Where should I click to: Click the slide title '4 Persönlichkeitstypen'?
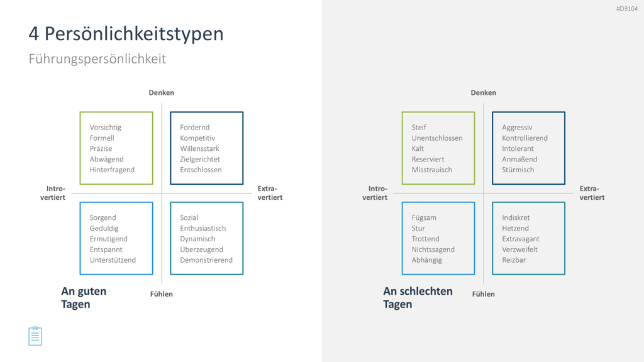click(126, 34)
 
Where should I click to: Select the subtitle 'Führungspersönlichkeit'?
click(97, 59)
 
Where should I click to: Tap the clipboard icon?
click(35, 336)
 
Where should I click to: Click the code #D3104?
click(627, 9)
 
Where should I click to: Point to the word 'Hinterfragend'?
click(112, 170)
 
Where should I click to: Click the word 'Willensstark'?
click(199, 148)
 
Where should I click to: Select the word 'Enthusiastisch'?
click(203, 228)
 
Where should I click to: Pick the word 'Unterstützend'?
click(113, 260)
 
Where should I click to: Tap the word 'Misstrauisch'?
click(431, 170)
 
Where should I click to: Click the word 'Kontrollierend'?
click(525, 138)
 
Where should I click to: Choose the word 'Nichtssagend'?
click(433, 250)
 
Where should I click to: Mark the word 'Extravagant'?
click(521, 239)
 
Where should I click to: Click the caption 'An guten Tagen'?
click(84, 297)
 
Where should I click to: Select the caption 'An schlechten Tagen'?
click(418, 297)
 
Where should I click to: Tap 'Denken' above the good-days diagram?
click(162, 93)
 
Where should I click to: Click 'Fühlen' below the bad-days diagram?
click(484, 294)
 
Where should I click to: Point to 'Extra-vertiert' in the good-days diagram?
click(270, 193)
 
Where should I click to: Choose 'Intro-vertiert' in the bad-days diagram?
click(375, 193)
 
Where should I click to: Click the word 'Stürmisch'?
click(518, 170)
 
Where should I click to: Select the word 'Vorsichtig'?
click(106, 128)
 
